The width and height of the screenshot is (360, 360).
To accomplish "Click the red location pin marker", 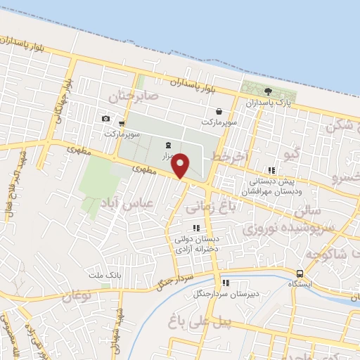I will (181, 165).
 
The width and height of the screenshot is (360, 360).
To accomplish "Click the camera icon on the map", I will (105, 119).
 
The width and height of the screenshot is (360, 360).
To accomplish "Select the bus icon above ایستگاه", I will (300, 274).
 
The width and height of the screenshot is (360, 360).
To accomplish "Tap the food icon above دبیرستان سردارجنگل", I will (226, 283).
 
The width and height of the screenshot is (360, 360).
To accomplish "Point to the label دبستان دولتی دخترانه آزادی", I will (196, 243).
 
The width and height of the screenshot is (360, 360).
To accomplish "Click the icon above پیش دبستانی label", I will (271, 170).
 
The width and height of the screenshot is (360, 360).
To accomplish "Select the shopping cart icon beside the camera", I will (122, 124).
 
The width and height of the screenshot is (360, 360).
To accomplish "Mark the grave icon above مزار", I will (167, 144).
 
